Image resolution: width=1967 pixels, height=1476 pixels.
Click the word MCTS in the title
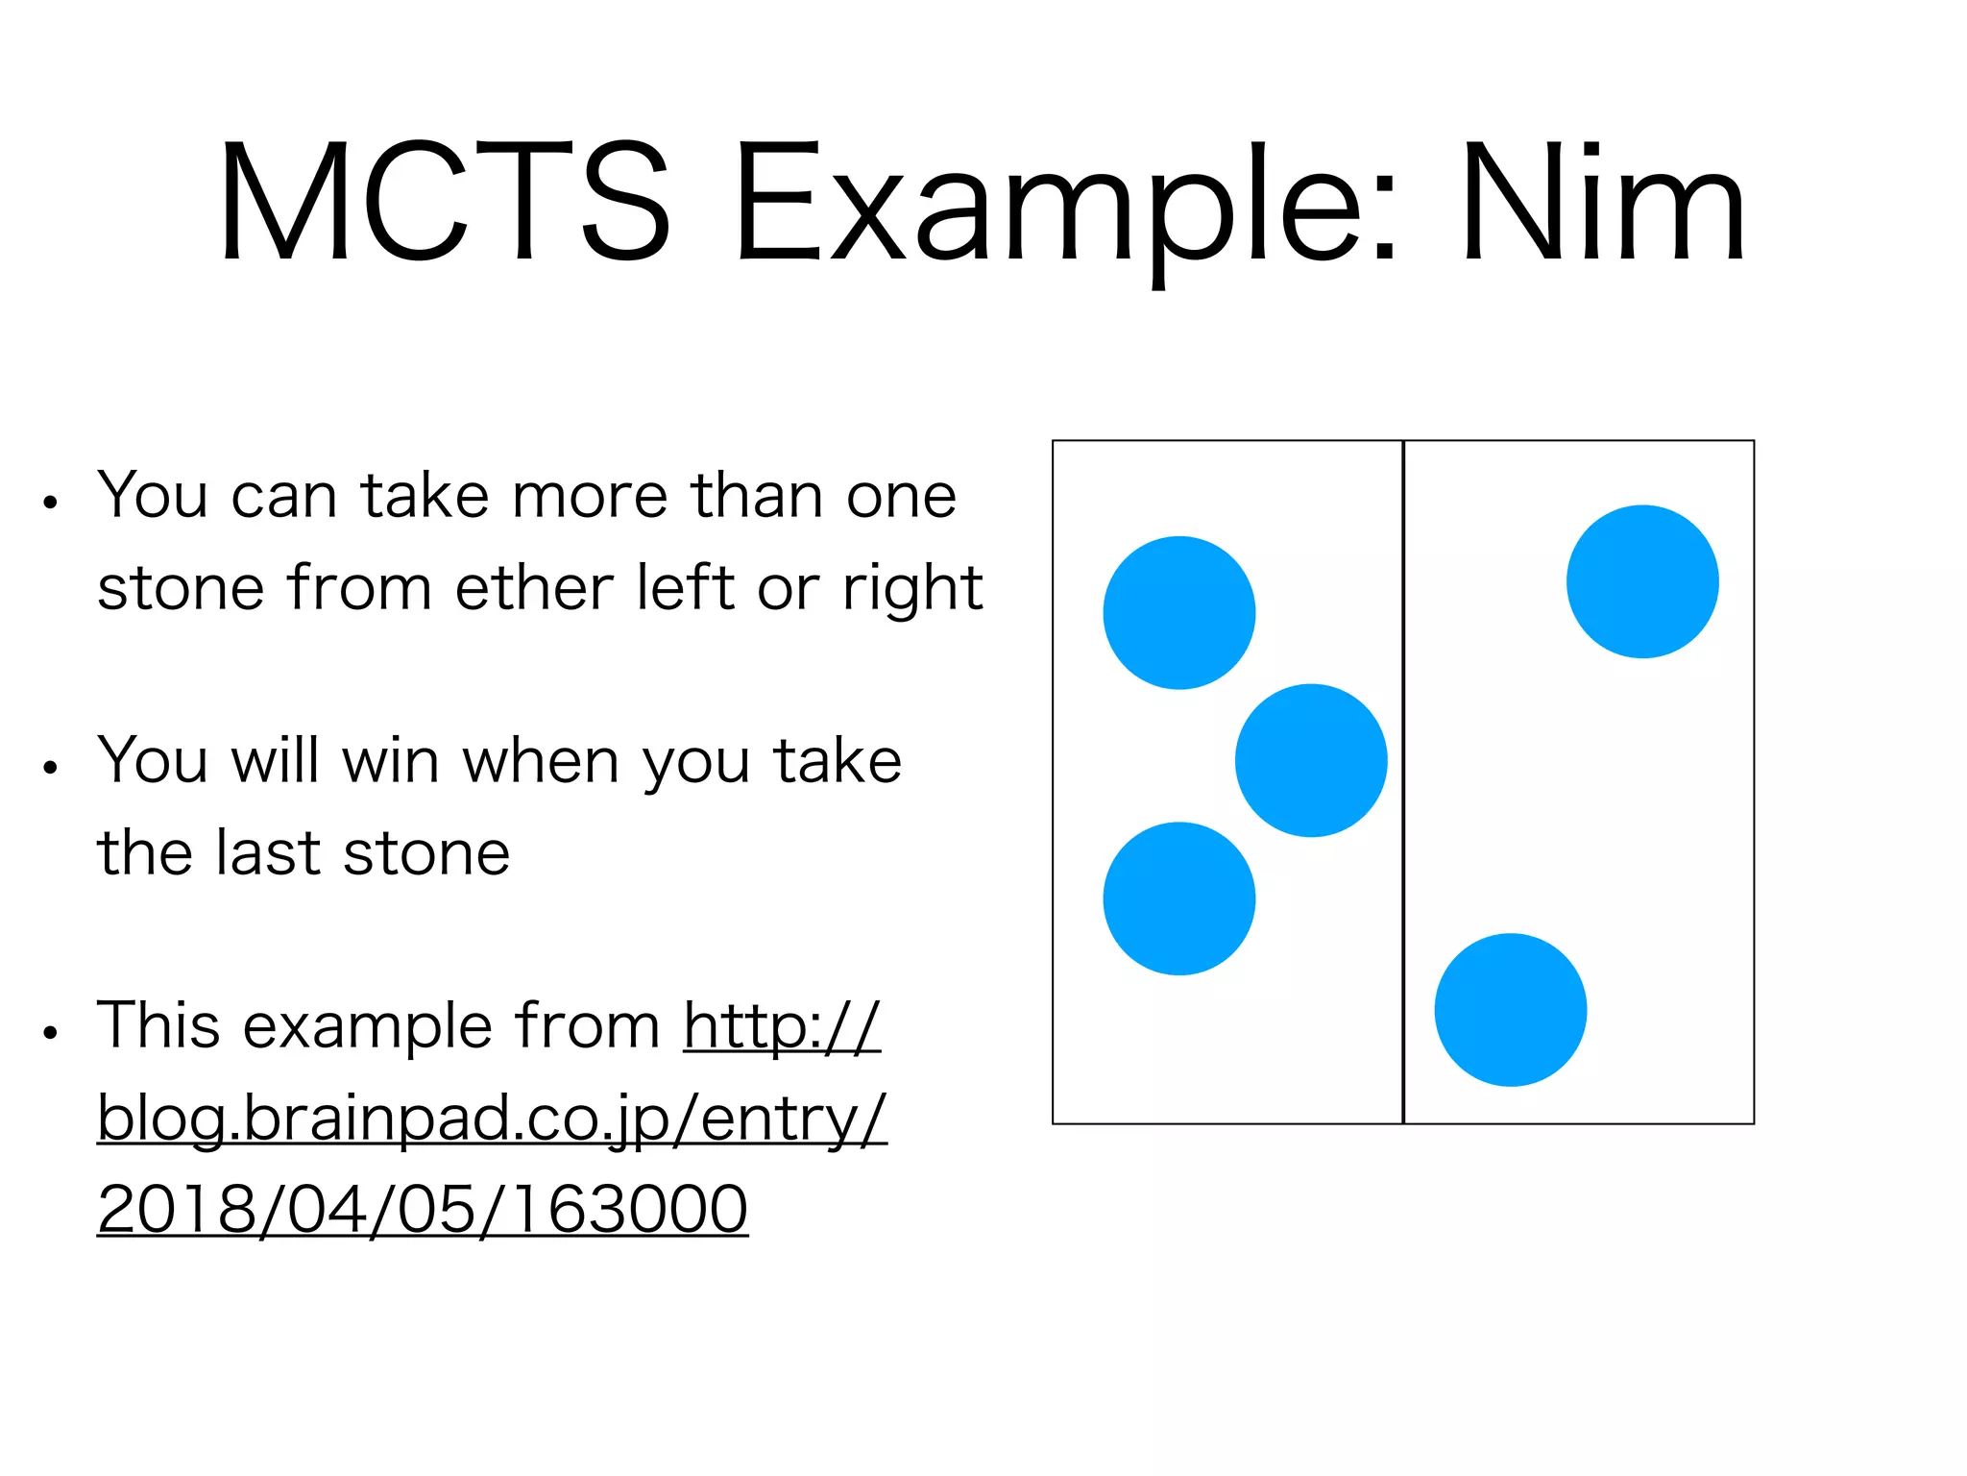point(444,202)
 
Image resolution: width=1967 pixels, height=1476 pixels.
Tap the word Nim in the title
point(1602,202)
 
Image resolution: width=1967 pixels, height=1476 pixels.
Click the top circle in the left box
point(1179,612)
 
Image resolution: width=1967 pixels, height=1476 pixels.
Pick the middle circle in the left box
point(1311,760)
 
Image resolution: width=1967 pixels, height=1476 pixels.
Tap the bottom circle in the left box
point(1179,898)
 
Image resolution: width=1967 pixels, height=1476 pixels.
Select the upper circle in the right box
point(1642,581)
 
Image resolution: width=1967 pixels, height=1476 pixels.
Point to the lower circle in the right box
point(1511,1010)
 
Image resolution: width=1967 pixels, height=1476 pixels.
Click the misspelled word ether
point(533,587)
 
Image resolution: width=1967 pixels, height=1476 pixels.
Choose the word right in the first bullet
point(912,589)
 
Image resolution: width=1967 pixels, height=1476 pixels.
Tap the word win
point(390,761)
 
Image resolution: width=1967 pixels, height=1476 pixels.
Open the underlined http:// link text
point(782,1025)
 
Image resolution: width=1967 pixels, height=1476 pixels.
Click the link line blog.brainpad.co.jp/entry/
point(492,1119)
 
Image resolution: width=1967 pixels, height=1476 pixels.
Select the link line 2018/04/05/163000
point(423,1209)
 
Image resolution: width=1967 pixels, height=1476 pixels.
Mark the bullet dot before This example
point(51,1033)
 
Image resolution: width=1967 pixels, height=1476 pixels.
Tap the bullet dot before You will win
point(51,768)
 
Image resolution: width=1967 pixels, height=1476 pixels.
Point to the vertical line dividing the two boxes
point(1403,781)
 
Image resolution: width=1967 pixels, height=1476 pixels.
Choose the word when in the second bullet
point(541,761)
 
